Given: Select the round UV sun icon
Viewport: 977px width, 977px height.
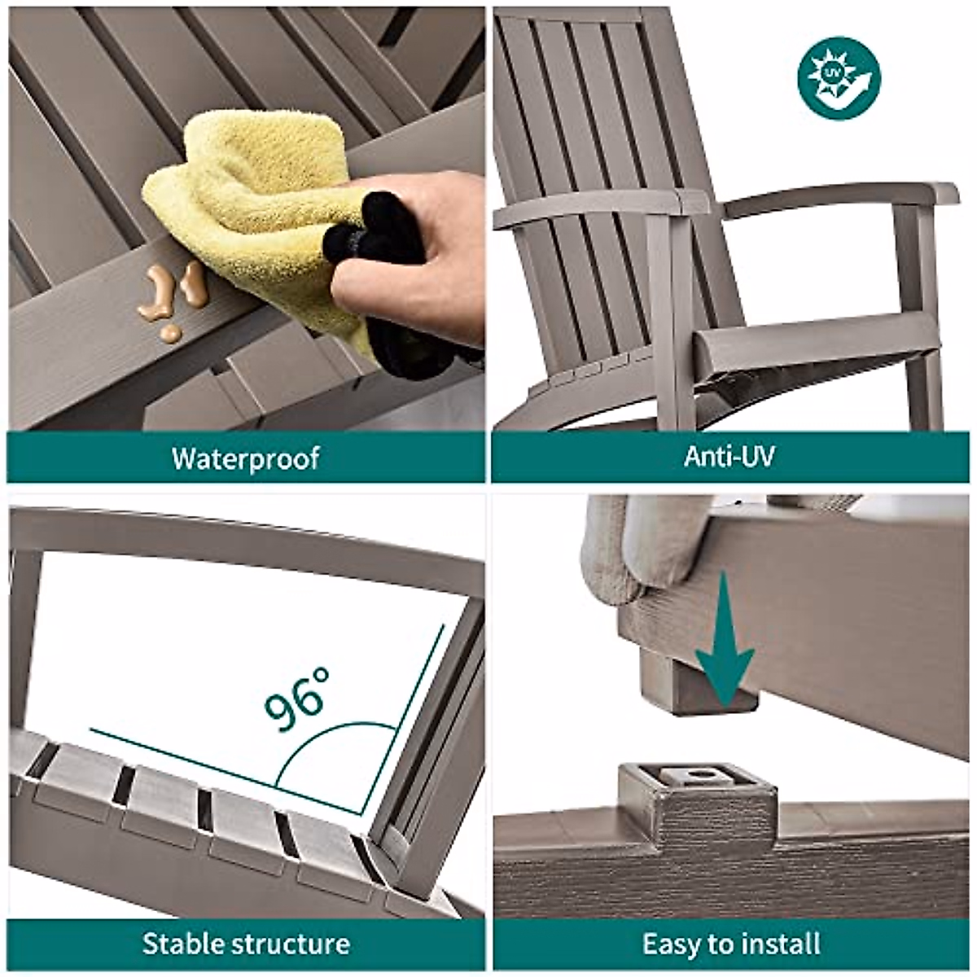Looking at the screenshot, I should pyautogui.click(x=839, y=78).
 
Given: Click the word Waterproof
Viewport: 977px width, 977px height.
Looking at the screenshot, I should pyautogui.click(x=245, y=458).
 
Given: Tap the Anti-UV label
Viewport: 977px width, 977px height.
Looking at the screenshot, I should pyautogui.click(x=729, y=456).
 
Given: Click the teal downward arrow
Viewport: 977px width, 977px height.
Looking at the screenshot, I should pyautogui.click(x=724, y=643).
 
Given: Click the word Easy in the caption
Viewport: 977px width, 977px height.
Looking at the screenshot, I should pyautogui.click(x=672, y=944).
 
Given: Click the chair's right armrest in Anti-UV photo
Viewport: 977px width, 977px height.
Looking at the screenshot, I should pyautogui.click(x=847, y=195).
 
